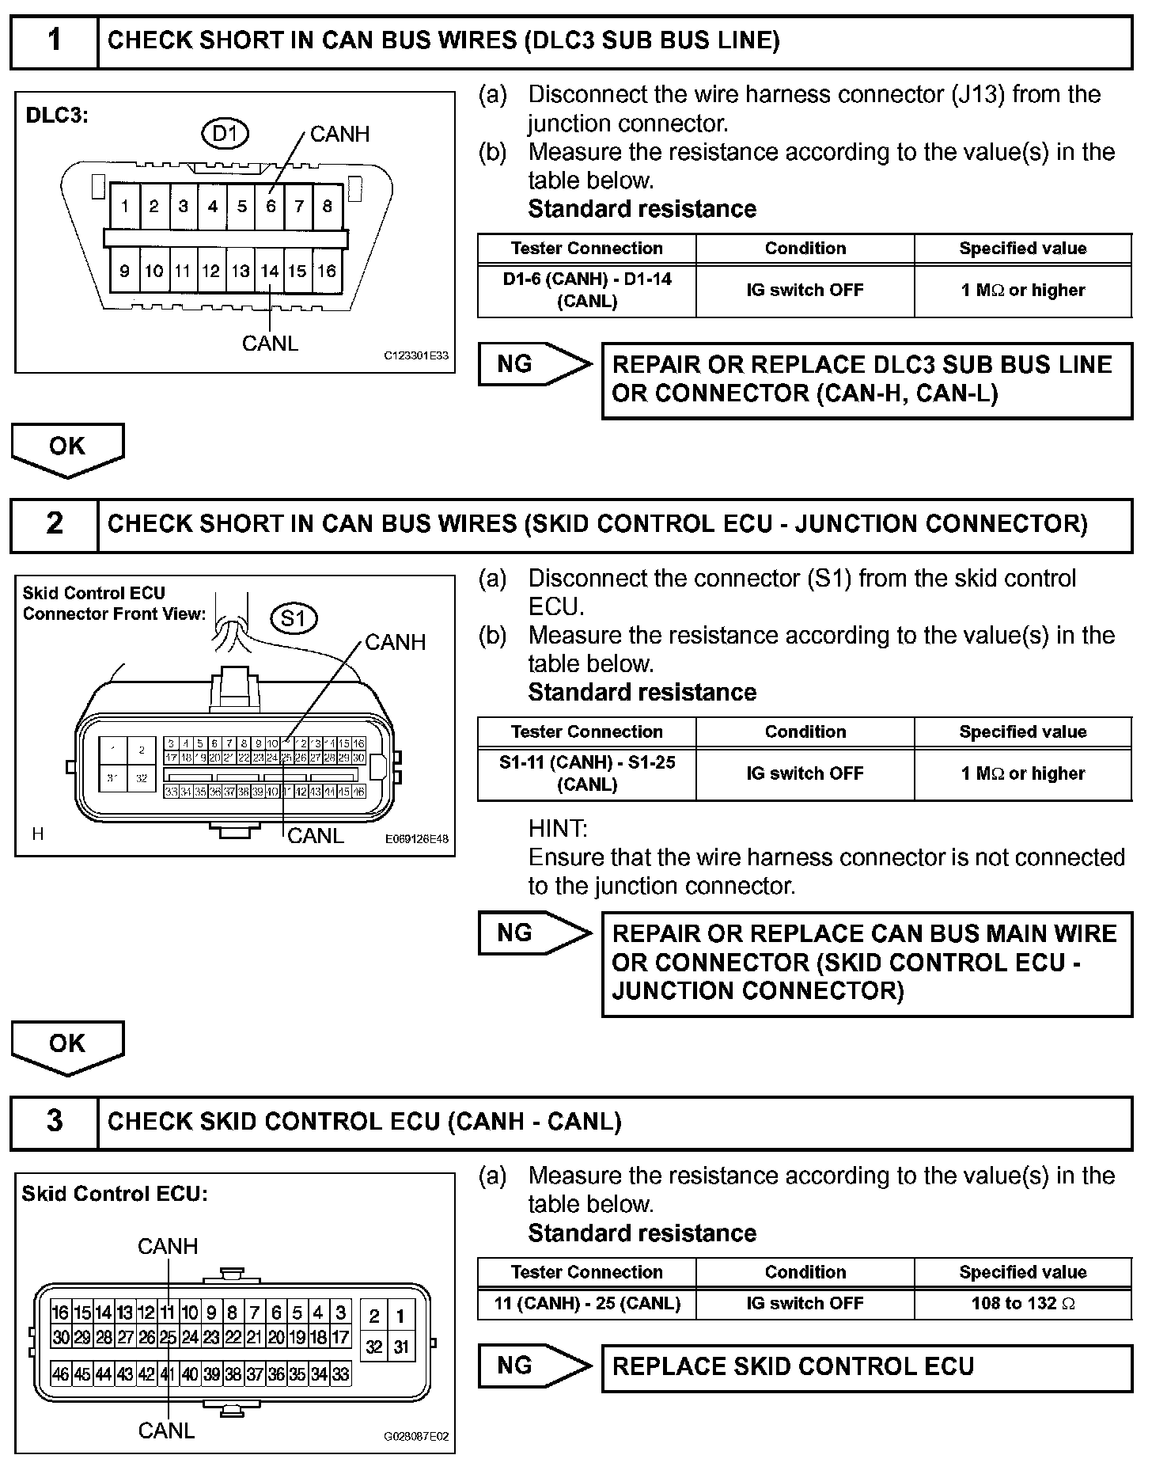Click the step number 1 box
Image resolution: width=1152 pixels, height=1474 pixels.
(x=54, y=40)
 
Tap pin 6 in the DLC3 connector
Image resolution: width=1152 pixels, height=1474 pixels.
(x=271, y=207)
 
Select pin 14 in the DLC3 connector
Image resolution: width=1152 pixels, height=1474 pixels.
(x=270, y=271)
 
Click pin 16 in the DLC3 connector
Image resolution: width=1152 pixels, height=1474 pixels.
(x=327, y=271)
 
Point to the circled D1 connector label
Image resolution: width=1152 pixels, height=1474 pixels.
(x=225, y=134)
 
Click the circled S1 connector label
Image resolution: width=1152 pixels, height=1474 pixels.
(x=294, y=617)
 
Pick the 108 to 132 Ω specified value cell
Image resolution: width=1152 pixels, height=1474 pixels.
(x=1022, y=1303)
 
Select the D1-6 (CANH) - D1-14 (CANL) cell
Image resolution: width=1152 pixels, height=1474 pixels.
(x=587, y=290)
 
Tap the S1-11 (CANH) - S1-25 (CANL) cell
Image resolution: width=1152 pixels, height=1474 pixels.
(x=587, y=773)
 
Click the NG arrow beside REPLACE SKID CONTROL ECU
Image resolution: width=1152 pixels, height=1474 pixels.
(x=534, y=1366)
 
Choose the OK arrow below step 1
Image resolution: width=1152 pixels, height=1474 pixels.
(x=67, y=448)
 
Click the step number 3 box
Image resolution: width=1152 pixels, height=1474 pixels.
(x=54, y=1122)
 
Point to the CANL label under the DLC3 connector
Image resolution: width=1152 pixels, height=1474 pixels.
(x=270, y=344)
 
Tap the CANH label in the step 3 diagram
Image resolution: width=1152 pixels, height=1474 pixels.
(x=168, y=1246)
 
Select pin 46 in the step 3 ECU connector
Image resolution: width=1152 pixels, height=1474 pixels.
(x=60, y=1374)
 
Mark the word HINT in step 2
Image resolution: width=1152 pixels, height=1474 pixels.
(x=558, y=829)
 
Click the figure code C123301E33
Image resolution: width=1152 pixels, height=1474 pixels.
(x=416, y=356)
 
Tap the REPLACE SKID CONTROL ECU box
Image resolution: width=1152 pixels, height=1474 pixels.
(x=866, y=1366)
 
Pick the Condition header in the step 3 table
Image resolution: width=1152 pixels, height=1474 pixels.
(x=805, y=1272)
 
